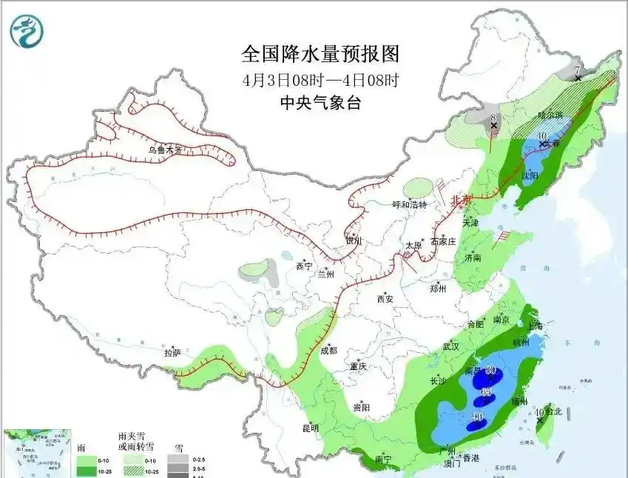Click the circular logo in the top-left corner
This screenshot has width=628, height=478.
(x=27, y=31)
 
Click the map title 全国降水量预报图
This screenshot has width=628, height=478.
(x=320, y=54)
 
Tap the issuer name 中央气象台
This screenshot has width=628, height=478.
(x=322, y=103)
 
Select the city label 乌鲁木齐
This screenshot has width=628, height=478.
(x=164, y=149)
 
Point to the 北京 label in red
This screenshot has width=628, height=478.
(x=461, y=200)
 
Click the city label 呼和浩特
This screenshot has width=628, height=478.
(x=409, y=205)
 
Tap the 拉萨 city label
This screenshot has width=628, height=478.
(x=172, y=353)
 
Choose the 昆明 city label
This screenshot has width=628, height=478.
(x=311, y=428)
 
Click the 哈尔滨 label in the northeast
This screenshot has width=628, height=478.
(x=550, y=115)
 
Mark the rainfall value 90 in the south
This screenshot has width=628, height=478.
(x=479, y=417)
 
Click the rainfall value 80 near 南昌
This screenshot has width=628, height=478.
(x=490, y=371)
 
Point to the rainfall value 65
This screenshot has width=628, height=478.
(x=486, y=392)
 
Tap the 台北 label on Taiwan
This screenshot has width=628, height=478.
(x=553, y=412)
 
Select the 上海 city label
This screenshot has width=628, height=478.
(x=533, y=326)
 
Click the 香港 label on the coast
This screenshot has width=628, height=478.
(x=471, y=460)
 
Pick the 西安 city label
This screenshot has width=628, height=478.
(x=385, y=299)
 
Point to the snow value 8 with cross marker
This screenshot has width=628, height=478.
(x=493, y=118)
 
